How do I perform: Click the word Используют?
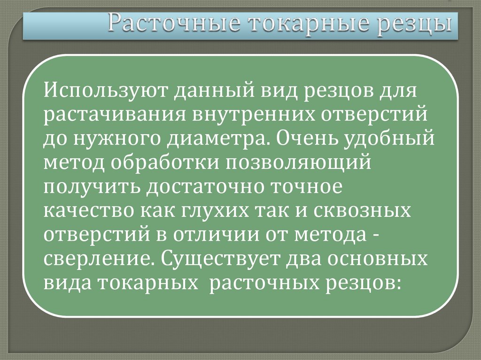[106, 89]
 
